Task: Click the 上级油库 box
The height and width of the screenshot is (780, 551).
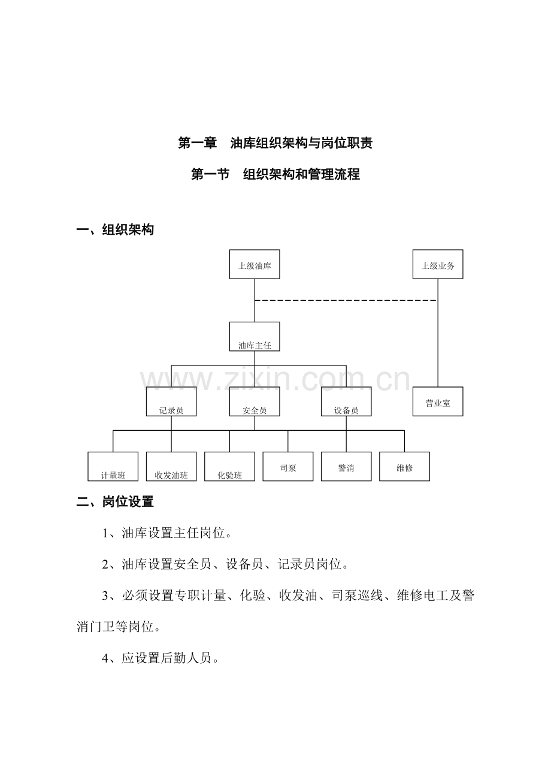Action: (255, 264)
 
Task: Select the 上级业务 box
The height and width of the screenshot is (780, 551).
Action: (438, 264)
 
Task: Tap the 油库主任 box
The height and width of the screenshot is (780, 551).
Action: (255, 336)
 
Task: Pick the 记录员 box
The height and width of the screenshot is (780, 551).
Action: (171, 401)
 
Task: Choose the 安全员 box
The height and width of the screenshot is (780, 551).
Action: (255, 401)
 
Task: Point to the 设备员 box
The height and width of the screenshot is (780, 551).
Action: (346, 401)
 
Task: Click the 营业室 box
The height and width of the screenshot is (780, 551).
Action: (438, 401)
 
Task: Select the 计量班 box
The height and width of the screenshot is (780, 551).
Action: (113, 466)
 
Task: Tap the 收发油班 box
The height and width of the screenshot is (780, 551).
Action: (171, 466)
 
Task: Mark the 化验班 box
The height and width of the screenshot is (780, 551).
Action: (229, 466)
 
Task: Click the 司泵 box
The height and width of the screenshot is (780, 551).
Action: (288, 466)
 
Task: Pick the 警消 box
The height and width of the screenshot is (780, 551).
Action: (346, 466)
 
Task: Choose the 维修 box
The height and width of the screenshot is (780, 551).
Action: (404, 466)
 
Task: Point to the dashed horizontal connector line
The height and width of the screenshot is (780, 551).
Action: (346, 300)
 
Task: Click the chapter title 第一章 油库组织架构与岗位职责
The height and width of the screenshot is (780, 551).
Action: (275, 143)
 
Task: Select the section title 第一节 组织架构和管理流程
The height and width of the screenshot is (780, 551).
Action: (275, 174)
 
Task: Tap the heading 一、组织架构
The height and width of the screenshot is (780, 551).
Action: (115, 229)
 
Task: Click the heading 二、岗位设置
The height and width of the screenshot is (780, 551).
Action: (115, 502)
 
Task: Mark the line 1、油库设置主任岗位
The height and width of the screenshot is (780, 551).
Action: (167, 533)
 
